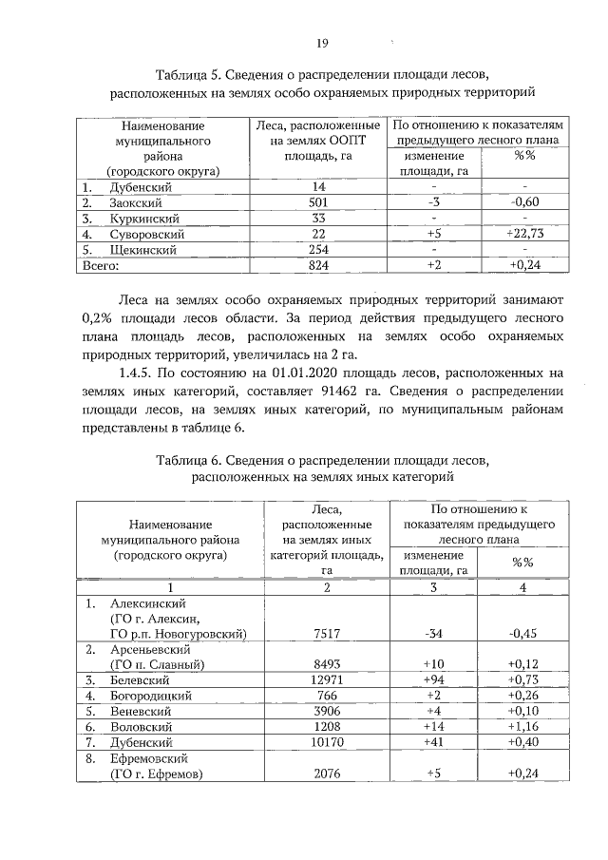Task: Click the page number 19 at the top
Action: pyautogui.click(x=322, y=43)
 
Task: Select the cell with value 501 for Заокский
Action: pyautogui.click(x=318, y=202)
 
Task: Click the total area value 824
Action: pyautogui.click(x=318, y=265)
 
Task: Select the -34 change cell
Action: pyautogui.click(x=433, y=633)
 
